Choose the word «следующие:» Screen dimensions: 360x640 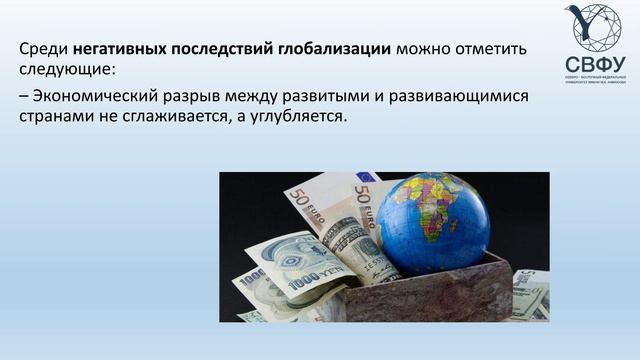[68, 71]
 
